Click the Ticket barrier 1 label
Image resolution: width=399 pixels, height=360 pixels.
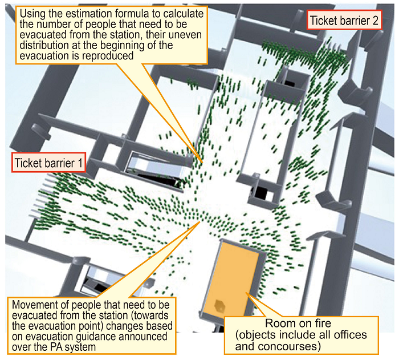pos(48,163)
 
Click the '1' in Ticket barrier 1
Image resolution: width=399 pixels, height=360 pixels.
pos(80,163)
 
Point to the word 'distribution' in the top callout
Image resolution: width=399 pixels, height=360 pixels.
pos(50,46)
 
